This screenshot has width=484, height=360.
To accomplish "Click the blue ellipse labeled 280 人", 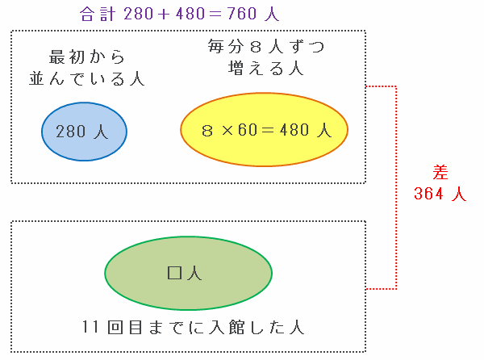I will tap(85, 132).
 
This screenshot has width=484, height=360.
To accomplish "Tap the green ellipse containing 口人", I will tap(187, 273).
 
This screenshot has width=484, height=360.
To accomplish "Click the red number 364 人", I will tap(439, 194).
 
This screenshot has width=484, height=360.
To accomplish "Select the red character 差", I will tap(440, 172).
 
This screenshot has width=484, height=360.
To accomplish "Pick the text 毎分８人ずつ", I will tap(265, 47).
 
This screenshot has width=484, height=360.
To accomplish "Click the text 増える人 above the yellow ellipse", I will tap(265, 69).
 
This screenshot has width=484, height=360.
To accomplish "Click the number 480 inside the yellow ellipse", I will tap(297, 131).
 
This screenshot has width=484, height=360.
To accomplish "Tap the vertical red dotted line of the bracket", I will tap(397, 186).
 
